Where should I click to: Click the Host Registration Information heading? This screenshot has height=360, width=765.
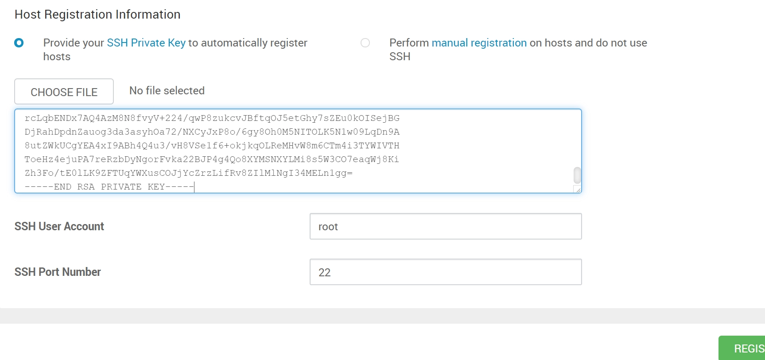click(97, 15)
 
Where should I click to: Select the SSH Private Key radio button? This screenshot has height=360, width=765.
click(19, 43)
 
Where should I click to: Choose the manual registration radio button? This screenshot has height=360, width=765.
click(365, 43)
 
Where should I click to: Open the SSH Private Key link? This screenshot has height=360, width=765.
click(146, 43)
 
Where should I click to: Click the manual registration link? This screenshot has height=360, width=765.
click(479, 43)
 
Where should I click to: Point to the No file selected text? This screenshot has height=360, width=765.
click(167, 91)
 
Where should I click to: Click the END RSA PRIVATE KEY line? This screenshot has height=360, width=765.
click(109, 187)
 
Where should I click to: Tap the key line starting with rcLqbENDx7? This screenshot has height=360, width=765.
click(212, 118)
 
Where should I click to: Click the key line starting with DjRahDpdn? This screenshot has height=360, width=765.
click(212, 132)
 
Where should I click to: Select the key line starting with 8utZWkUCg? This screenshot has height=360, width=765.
click(212, 146)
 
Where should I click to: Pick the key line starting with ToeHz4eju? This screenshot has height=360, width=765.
click(212, 159)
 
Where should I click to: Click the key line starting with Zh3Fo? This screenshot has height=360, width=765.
click(189, 173)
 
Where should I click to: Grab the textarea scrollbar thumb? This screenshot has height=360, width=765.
click(577, 175)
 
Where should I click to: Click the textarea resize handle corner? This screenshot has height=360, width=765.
click(578, 190)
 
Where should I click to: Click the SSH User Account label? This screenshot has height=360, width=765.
click(59, 226)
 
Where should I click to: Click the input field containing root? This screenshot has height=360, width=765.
click(446, 226)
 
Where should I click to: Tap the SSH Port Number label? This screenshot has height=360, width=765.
click(58, 272)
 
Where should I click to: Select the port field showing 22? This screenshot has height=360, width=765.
click(446, 272)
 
